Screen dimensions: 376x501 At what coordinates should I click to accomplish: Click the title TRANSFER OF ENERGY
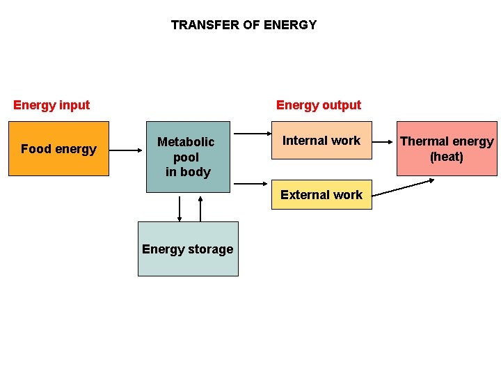point(244,25)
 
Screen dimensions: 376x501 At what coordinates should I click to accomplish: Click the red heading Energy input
point(51,105)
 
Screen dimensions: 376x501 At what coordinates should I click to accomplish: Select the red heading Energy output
point(319,105)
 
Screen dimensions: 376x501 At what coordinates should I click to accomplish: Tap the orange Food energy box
point(58,148)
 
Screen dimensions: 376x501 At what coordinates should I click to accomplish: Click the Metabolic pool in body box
point(188,157)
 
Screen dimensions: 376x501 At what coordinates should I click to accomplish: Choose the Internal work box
point(321,141)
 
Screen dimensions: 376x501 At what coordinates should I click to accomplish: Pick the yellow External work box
point(321,195)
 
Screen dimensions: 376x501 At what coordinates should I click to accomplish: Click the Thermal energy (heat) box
point(447,149)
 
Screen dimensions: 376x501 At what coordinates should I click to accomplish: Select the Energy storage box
point(188,249)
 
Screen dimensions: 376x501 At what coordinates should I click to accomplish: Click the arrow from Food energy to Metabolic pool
point(126,149)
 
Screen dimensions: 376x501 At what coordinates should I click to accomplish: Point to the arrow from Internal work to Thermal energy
point(383,141)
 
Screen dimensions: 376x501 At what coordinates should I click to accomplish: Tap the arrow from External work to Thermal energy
point(404,187)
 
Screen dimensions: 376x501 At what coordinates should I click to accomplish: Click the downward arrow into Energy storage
point(180,209)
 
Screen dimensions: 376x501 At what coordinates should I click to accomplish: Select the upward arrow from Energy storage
point(200,209)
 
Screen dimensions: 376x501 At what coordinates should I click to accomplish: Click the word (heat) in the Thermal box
point(447,157)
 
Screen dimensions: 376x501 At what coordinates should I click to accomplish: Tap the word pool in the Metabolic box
point(186,157)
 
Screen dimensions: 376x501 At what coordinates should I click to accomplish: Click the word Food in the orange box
point(35,149)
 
